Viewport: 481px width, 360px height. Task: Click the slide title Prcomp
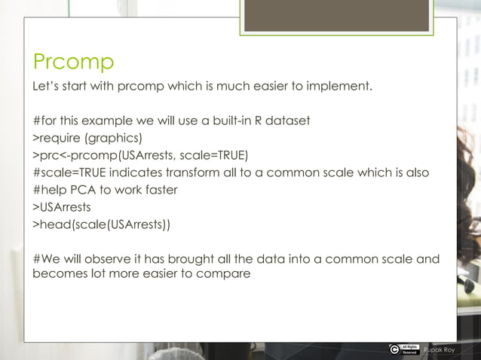pos(72,61)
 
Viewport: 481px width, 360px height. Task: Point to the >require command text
pos(56,138)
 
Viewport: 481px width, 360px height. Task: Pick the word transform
pos(199,172)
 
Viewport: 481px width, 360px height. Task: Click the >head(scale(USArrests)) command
pos(101,224)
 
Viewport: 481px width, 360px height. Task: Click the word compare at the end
pos(224,274)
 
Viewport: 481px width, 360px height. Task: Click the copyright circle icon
pos(394,349)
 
